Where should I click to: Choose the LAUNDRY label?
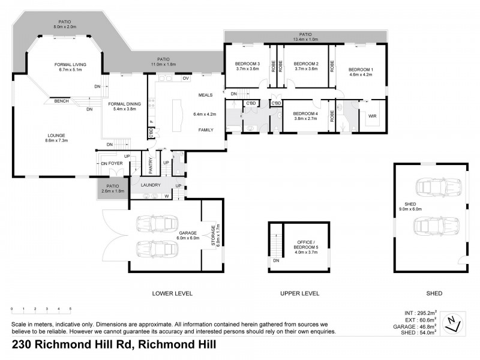(151, 185)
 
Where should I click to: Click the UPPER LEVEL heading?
(299, 293)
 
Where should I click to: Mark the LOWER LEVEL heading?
(172, 293)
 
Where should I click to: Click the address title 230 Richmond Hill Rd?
(114, 345)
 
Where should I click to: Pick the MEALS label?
(206, 95)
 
